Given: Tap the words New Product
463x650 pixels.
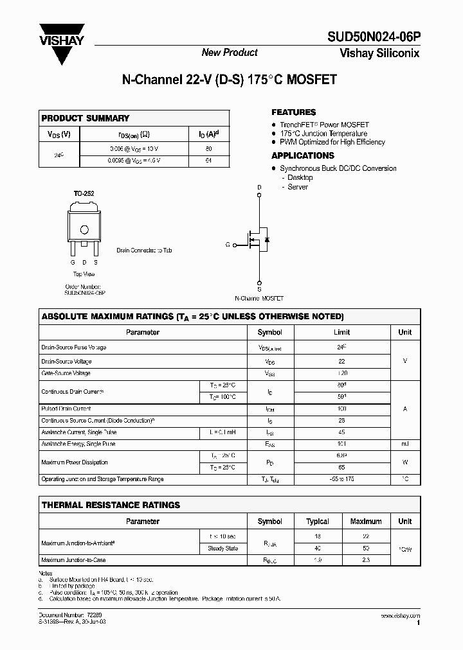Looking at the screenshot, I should coord(230,53).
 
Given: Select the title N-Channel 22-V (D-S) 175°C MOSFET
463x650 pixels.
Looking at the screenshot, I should coord(230,80).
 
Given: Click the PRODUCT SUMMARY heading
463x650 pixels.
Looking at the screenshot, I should coord(85,118).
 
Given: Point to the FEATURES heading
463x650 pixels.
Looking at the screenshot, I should coord(293,112).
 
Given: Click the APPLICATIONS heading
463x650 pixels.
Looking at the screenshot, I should coord(302,155).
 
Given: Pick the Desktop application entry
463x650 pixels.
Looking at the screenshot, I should coord(300,177).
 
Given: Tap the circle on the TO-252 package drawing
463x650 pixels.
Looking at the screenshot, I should coord(84,230).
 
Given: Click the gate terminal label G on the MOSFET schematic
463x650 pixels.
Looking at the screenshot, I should coord(227,245).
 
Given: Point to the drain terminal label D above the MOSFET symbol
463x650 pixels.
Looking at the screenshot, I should coord(260,188).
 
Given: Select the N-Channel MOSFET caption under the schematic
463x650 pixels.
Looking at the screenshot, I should coord(259,299).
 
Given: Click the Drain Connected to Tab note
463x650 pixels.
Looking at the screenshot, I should coord(144,250).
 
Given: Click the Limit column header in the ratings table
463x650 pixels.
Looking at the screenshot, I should coord(341,332).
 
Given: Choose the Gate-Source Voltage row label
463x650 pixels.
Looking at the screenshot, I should coord(66,373).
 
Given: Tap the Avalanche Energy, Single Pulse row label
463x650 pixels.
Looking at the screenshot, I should coord(78,444).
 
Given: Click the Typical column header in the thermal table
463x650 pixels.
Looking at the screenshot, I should coord(317,522).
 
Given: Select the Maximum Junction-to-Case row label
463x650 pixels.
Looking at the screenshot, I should coord(73,560).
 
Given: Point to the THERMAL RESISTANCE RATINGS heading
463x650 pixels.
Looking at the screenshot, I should coord(111,505).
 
